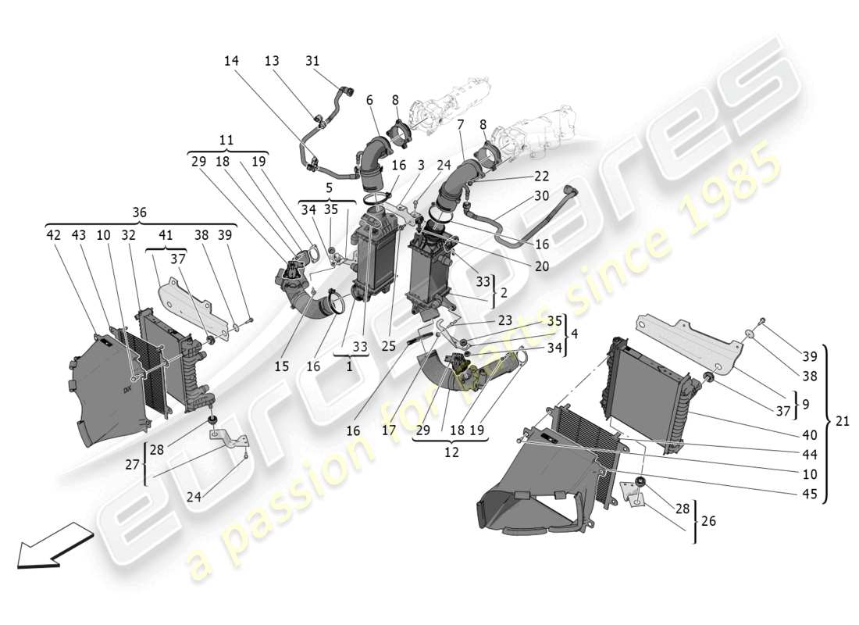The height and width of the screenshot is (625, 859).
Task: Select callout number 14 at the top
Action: point(231,61)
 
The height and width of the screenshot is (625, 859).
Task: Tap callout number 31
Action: point(312,61)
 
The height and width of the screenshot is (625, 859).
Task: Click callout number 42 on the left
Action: point(54,234)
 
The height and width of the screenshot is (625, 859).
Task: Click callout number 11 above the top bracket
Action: point(226,141)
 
